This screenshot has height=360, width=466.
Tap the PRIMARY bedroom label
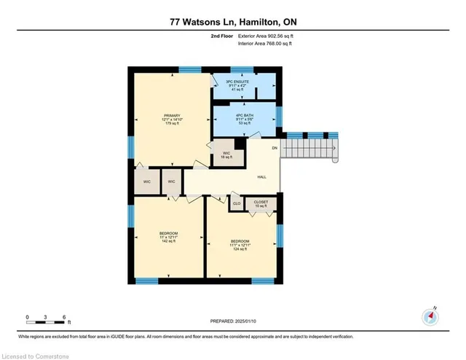172,115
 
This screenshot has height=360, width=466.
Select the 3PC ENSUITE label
244,82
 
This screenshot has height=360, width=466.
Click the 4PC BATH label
244,114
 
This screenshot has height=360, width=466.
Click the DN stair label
275,148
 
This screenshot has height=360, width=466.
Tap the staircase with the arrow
310,149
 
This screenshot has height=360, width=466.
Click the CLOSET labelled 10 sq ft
260,203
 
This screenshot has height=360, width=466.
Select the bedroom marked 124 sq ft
240,244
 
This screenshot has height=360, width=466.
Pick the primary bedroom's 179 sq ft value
172,124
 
